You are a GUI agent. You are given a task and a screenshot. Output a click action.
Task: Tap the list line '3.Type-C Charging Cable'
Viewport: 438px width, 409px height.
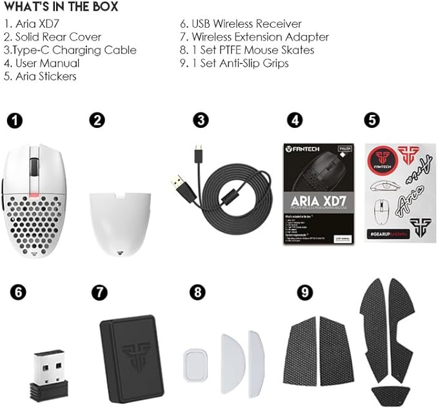point(69,50)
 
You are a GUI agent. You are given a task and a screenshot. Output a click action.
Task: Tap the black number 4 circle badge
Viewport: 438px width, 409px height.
point(294,120)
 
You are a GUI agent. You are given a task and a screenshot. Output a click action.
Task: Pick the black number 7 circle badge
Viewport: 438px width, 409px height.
point(99,291)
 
